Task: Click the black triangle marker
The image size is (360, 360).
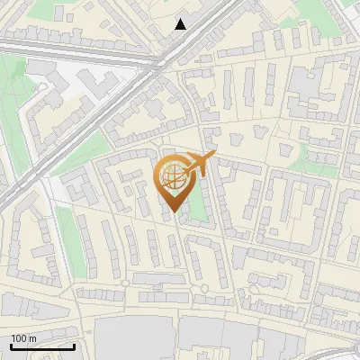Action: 181,24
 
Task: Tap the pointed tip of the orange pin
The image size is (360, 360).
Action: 171,210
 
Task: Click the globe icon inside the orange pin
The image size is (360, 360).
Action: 172,175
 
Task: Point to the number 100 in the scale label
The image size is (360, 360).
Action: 19,338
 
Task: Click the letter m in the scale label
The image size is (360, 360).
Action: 32,338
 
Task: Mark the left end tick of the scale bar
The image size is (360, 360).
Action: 11,346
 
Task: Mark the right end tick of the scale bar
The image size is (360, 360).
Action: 74,346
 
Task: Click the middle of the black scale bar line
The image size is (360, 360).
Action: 42,346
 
